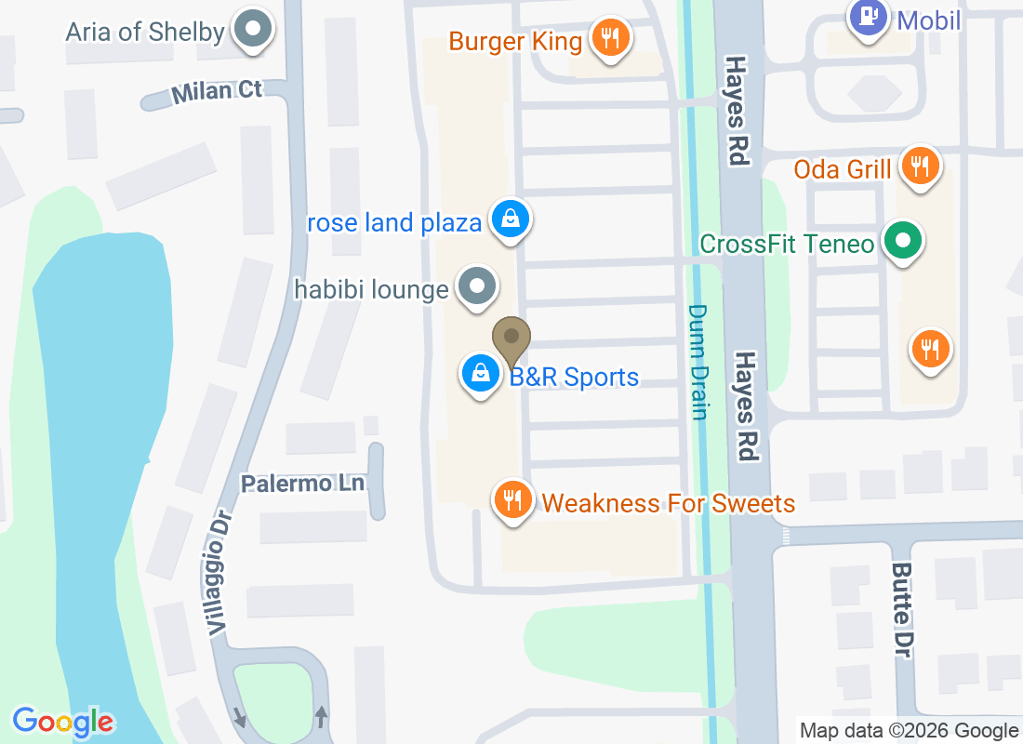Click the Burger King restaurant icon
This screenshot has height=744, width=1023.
click(x=609, y=38)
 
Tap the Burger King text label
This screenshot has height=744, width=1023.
click(x=515, y=41)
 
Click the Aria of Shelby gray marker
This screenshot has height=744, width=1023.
click(x=251, y=29)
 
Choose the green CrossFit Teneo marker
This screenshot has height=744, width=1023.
click(x=901, y=242)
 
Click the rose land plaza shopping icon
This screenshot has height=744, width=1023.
click(x=510, y=220)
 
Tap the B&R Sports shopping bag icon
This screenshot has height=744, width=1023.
click(x=480, y=374)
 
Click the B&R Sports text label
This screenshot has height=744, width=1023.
click(x=574, y=377)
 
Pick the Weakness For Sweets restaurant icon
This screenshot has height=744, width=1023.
click(x=511, y=500)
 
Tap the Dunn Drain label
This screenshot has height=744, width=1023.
click(x=698, y=363)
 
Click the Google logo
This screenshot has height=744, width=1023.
click(x=63, y=721)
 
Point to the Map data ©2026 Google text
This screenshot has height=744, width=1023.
click(x=909, y=731)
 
